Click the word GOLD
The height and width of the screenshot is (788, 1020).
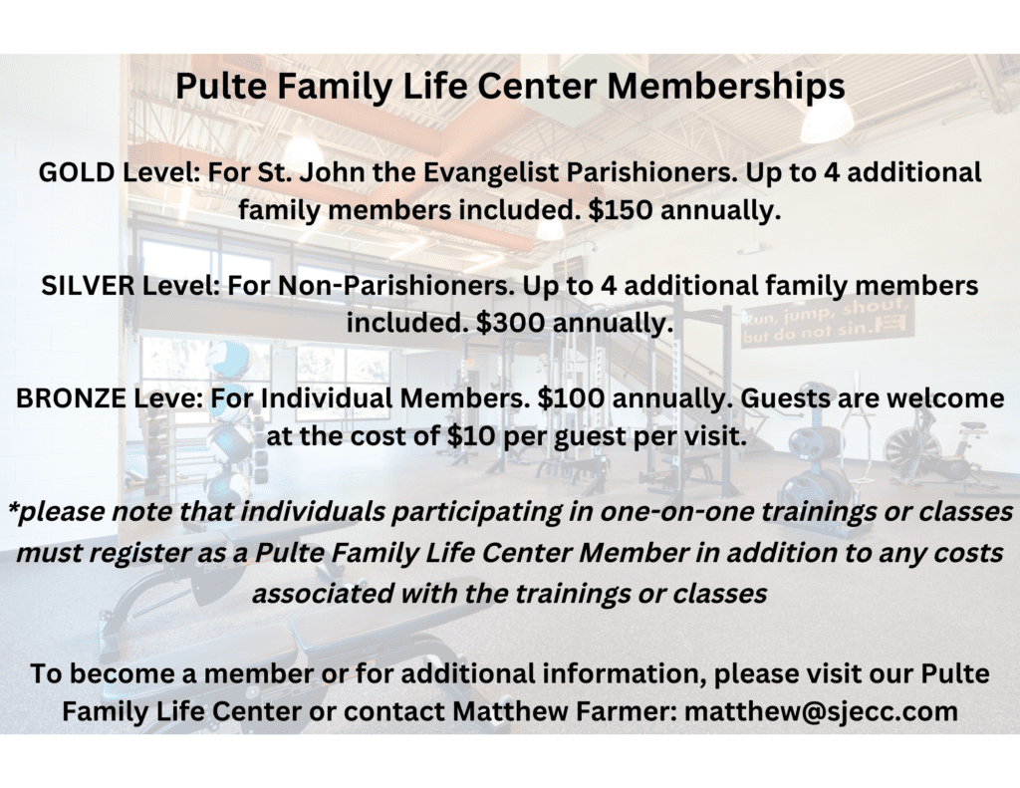tap(77, 173)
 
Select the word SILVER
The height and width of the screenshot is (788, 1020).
tap(89, 286)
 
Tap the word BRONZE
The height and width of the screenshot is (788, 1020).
tap(71, 398)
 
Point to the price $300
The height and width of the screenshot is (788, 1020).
tap(510, 323)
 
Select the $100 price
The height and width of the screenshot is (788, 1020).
tap(571, 398)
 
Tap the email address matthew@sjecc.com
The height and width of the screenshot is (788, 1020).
tap(821, 711)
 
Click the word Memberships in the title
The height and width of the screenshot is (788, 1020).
tap(726, 87)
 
